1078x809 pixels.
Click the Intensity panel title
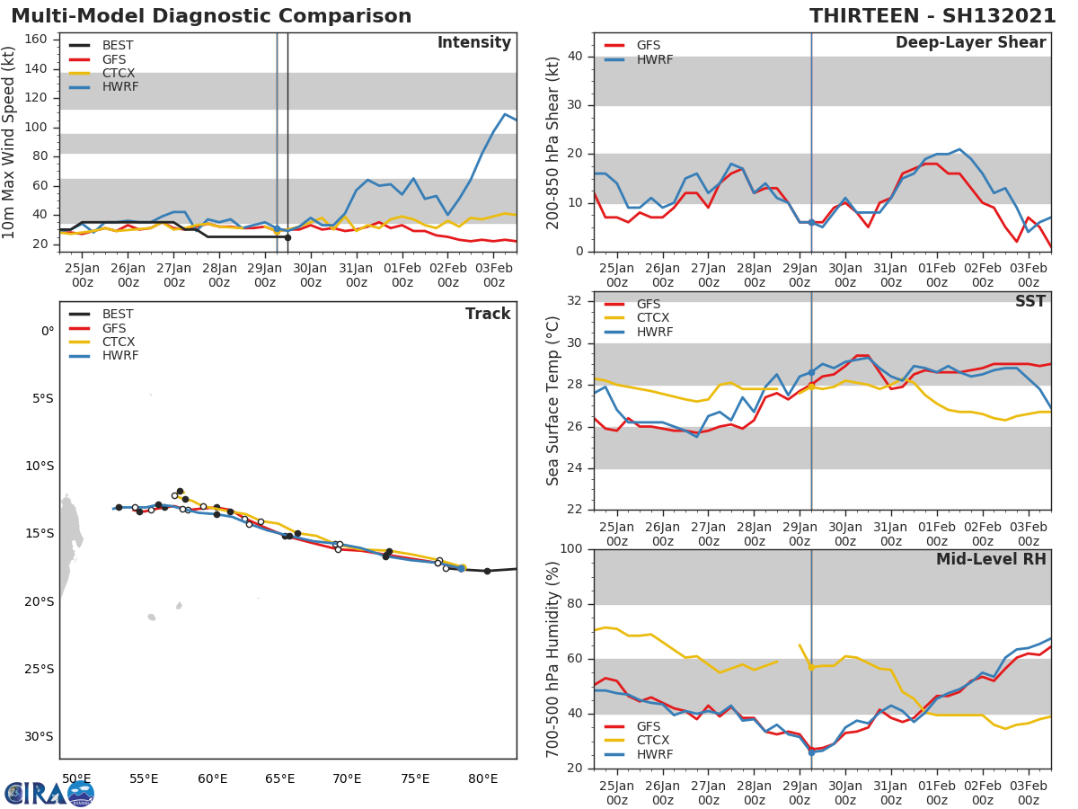473,43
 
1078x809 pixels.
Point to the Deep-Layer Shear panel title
970,43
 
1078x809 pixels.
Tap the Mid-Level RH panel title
991,560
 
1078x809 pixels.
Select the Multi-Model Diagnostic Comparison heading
211,16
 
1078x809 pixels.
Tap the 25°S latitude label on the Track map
40,669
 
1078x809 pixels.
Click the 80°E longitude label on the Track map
482,778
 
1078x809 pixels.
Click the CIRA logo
49,793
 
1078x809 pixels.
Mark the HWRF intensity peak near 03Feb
505,114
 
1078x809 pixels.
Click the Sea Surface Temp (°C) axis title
554,402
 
